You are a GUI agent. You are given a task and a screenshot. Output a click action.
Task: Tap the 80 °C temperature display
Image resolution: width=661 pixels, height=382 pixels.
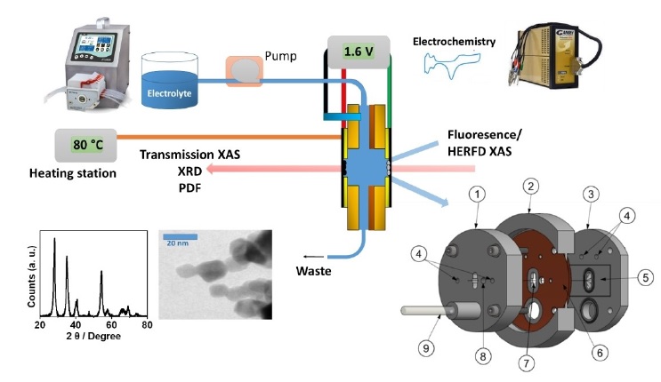tap(85, 143)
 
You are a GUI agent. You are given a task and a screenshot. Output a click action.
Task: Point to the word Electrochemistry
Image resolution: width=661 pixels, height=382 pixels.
tap(454, 42)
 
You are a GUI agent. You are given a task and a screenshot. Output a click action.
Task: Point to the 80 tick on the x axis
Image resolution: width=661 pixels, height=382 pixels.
tap(147, 325)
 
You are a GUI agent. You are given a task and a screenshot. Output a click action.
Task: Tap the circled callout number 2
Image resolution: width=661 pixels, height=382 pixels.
tap(530, 187)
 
